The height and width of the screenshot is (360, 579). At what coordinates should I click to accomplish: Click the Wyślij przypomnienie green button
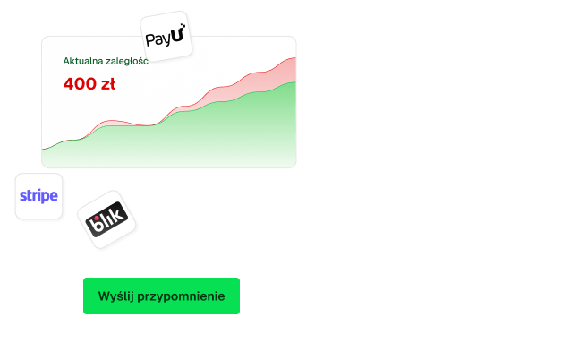tap(161, 296)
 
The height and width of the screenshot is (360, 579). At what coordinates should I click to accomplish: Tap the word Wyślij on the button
tap(115, 296)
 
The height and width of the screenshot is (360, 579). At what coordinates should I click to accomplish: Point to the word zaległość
tap(127, 62)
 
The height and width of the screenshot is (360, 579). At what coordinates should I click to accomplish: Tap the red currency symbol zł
tap(107, 85)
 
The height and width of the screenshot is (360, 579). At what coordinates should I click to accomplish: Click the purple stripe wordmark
tap(38, 195)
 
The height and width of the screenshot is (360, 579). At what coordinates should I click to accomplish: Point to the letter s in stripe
tap(23, 196)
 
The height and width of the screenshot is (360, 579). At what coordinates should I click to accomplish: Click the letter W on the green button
tap(104, 296)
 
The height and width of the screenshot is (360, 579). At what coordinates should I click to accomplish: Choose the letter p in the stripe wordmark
tap(47, 197)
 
